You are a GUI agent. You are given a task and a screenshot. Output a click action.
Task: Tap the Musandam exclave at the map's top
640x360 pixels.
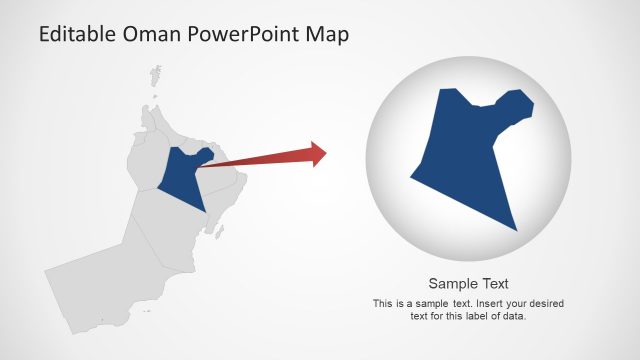pyautogui.click(x=156, y=74)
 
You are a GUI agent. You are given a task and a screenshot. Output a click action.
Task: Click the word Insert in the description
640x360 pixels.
pyautogui.click(x=484, y=303)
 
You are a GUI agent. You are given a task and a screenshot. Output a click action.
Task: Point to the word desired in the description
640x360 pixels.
pyautogui.click(x=543, y=303)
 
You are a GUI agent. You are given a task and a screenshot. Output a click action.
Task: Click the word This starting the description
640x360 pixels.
pyautogui.click(x=382, y=303)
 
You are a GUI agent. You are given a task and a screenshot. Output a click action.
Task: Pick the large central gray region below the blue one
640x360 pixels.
pyautogui.click(x=165, y=225)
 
